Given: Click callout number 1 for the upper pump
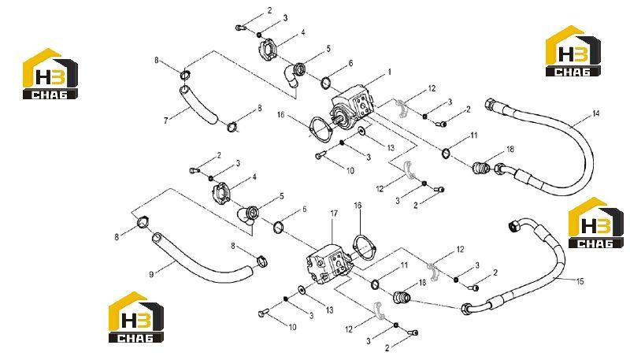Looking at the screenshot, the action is (x=389, y=72).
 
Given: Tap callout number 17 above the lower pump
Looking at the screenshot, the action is (x=334, y=213).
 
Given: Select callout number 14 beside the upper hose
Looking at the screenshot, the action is (x=596, y=113).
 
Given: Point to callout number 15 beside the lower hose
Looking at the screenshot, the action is (x=580, y=281).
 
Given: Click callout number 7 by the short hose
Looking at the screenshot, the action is (x=165, y=121).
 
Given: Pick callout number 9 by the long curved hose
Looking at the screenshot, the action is (x=151, y=274).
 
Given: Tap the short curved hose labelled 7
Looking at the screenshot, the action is (x=198, y=105).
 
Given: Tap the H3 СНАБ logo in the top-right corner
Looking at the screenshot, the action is (x=573, y=51).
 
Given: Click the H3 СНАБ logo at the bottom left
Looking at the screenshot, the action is (x=135, y=317).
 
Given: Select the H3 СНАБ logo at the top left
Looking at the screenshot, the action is (x=50, y=74).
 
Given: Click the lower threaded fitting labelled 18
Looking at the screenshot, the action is (x=401, y=298).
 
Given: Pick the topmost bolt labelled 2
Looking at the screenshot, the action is (x=240, y=28).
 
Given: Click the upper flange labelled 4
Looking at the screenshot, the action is (x=265, y=50).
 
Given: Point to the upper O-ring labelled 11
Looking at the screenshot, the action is (x=446, y=153).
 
